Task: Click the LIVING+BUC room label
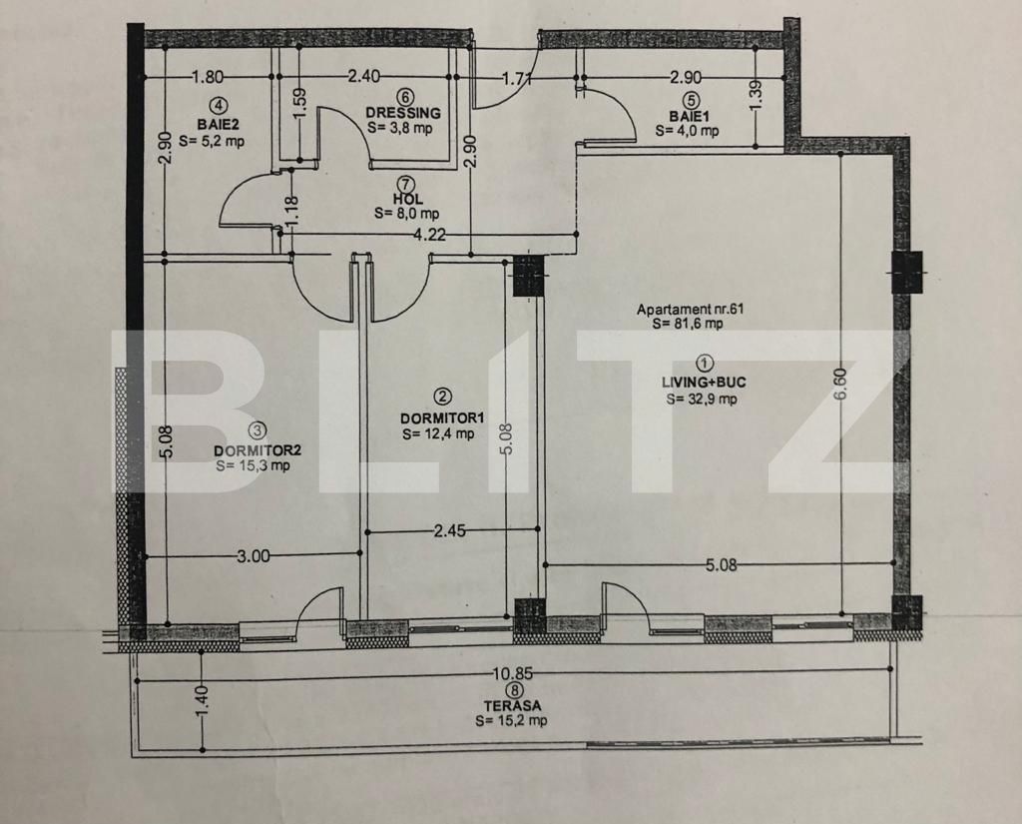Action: point(704,382)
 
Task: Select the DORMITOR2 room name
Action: point(256,448)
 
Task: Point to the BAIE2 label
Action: point(216,126)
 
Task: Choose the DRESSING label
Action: point(402,113)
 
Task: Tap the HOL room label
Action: point(404,198)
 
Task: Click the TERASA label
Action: point(513,705)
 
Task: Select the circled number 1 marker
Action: point(704,364)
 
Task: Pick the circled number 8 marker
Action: point(513,690)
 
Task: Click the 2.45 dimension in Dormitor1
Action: point(450,531)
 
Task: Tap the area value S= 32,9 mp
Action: point(703,399)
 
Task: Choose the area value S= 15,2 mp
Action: point(512,720)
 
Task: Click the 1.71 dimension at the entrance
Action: point(515,77)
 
